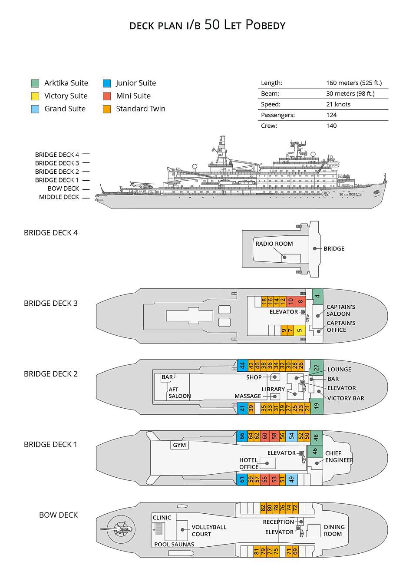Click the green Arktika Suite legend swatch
click(x=35, y=83)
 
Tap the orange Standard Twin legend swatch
click(x=107, y=109)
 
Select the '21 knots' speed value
click(x=338, y=104)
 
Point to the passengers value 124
click(x=331, y=115)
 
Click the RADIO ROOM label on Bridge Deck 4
click(x=274, y=244)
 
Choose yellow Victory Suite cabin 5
click(x=299, y=330)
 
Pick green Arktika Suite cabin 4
click(x=317, y=296)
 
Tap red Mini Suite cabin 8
click(x=300, y=301)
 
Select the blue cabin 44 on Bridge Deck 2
click(x=242, y=366)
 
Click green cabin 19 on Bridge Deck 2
click(x=317, y=406)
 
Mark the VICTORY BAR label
click(x=345, y=398)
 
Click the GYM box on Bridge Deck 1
click(x=179, y=445)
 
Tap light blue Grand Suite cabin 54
click(x=291, y=436)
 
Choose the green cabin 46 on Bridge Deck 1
click(x=315, y=451)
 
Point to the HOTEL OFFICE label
click(x=248, y=463)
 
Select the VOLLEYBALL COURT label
click(x=209, y=531)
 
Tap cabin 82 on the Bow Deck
click(x=263, y=508)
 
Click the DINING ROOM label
click(x=334, y=530)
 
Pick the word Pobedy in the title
click(x=265, y=25)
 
